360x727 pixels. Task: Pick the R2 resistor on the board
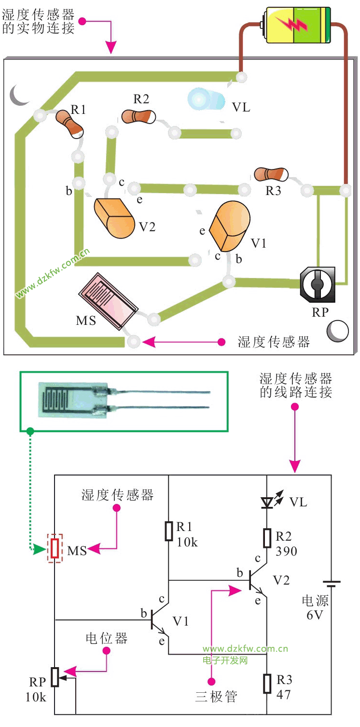click(138, 116)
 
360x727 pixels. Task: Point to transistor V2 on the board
click(115, 218)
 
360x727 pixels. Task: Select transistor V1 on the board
click(230, 225)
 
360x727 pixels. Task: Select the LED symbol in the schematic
click(267, 503)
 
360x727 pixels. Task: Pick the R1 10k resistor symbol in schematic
click(169, 531)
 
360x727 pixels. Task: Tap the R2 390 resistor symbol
click(267, 538)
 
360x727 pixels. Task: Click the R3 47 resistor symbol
click(267, 684)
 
